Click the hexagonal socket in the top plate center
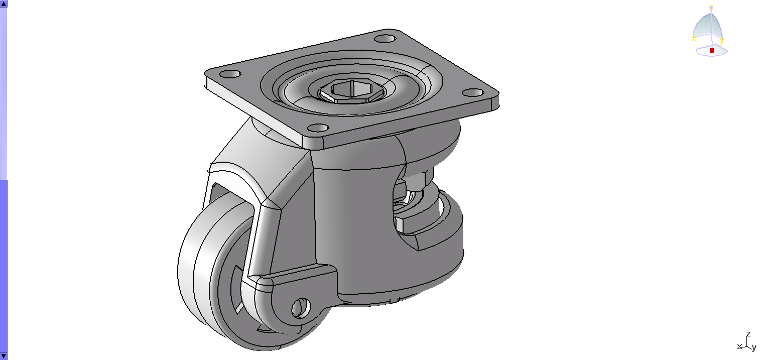(352, 90)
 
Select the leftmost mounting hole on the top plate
(230, 74)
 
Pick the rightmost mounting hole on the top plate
(473, 92)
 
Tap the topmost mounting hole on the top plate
(385, 39)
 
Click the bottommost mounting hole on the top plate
(318, 128)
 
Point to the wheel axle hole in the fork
(301, 308)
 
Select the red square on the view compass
(712, 50)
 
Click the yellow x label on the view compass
(694, 39)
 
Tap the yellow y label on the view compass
(722, 40)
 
